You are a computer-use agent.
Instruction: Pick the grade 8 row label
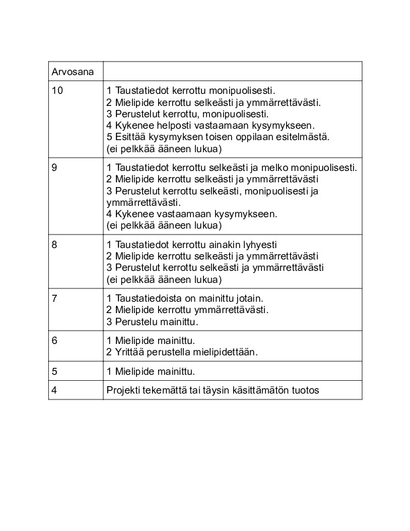[x=54, y=245]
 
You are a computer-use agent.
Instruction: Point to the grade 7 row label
[x=54, y=298]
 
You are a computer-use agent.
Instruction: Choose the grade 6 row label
[x=54, y=340]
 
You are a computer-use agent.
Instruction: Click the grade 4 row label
[x=54, y=390]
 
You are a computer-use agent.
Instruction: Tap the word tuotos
[x=305, y=390]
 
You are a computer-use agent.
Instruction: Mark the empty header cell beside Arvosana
[x=232, y=71]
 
